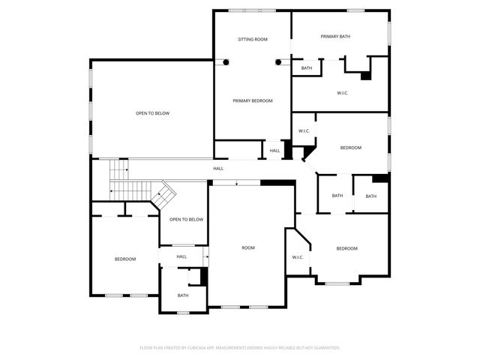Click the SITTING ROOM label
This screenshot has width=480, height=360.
click(x=252, y=38)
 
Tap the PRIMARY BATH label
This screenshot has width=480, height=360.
click(x=335, y=36)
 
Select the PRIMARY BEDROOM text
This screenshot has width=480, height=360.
click(x=252, y=100)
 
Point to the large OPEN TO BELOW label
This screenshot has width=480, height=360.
click(x=152, y=113)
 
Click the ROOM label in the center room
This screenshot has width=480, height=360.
click(x=248, y=247)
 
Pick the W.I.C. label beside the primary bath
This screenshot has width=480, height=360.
click(x=343, y=93)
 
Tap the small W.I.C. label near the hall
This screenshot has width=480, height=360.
click(x=304, y=131)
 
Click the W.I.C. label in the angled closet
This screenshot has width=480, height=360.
click(x=297, y=257)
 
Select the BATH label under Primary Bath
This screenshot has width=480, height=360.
click(x=307, y=68)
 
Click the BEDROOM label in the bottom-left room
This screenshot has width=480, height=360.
click(x=125, y=259)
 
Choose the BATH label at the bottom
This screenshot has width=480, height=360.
click(x=183, y=295)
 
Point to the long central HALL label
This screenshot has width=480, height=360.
click(x=217, y=168)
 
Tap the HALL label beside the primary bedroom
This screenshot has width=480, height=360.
click(x=274, y=151)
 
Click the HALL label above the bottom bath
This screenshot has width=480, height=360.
click(x=181, y=256)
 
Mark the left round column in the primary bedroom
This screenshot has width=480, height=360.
click(x=223, y=62)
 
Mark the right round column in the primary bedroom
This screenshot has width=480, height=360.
click(x=278, y=62)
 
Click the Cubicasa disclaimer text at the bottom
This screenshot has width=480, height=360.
click(x=240, y=347)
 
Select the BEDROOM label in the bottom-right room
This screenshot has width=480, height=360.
click(x=346, y=248)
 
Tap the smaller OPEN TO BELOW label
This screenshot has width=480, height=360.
click(x=186, y=219)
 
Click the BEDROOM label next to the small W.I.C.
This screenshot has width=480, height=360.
click(x=351, y=148)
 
